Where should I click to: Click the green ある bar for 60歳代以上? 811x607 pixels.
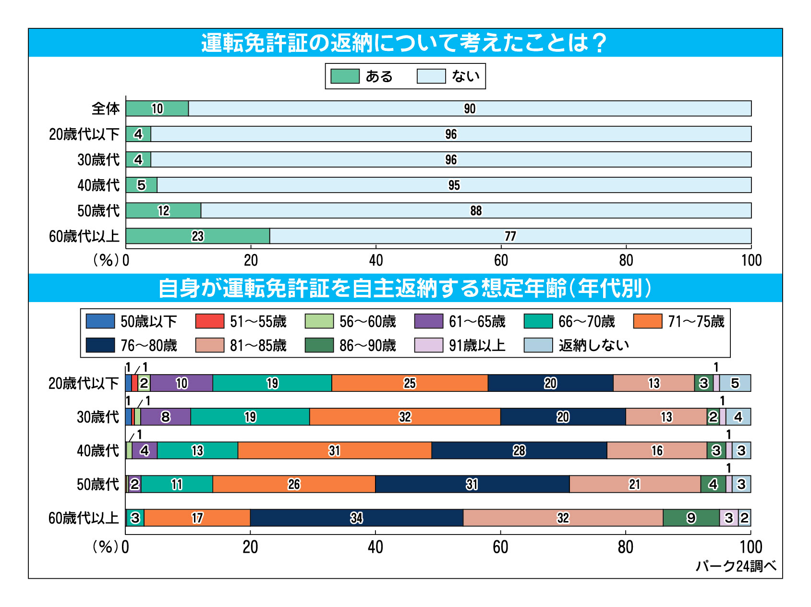[x=198, y=236]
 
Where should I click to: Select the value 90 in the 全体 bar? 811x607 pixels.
[x=470, y=109]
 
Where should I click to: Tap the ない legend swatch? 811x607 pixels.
[x=431, y=76]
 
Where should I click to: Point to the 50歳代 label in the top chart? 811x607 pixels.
[x=98, y=211]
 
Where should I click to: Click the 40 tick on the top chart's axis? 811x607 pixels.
[x=376, y=260]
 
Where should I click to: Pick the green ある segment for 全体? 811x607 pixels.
[x=157, y=109]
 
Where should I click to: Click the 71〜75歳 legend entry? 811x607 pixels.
[x=679, y=321]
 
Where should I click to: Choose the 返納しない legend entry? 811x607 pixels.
[x=576, y=345]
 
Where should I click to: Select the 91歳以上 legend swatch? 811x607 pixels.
[x=428, y=345]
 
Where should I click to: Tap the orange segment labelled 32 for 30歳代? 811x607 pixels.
[x=405, y=417]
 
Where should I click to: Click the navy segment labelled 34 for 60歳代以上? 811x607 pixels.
[x=356, y=518]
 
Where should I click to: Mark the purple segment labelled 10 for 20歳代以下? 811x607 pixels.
[x=182, y=383]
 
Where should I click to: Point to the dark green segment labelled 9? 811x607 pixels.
[x=691, y=518]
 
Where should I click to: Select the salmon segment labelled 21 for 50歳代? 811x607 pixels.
[x=634, y=484]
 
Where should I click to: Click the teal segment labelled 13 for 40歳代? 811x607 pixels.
[x=197, y=450]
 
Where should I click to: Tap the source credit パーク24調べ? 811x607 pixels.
[x=736, y=566]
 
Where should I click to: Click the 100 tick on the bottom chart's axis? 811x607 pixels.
[x=751, y=547]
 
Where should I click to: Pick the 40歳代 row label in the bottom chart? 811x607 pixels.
[x=98, y=450]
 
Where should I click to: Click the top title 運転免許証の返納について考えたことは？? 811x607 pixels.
[x=405, y=43]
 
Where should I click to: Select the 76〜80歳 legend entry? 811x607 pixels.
[x=132, y=345]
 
